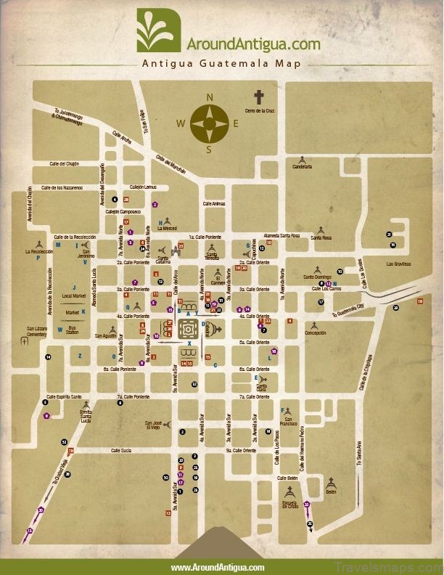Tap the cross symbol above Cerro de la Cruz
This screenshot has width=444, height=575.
pos(259,97)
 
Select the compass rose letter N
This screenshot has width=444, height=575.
pos(210,97)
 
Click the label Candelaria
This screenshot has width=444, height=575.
pos(302,166)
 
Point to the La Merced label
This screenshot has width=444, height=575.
pos(169,228)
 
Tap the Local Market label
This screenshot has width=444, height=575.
pos(74,296)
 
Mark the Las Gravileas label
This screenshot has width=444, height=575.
pos(398,264)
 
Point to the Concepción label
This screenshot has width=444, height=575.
pos(315,333)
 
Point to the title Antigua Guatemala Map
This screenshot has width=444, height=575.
pos(221,63)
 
